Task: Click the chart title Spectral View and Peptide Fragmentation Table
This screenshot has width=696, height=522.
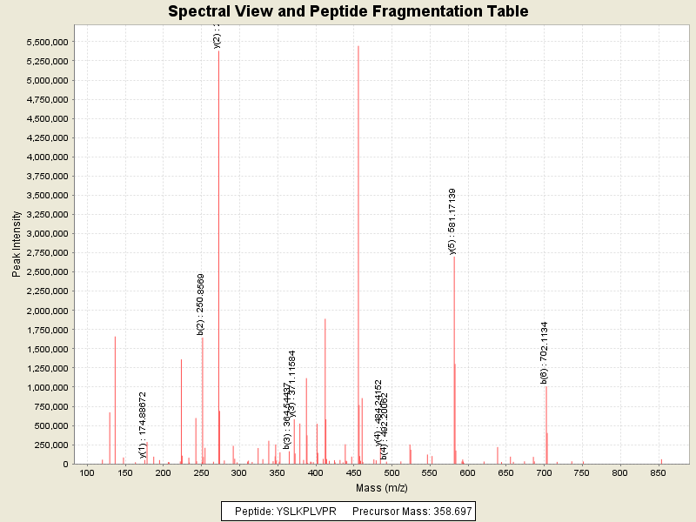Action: (348, 12)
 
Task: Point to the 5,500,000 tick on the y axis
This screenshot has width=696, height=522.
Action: (43, 42)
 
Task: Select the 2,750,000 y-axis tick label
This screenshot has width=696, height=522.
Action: (43, 253)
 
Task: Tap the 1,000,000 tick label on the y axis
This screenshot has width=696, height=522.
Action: (43, 387)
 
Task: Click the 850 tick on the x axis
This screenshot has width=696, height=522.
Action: (658, 472)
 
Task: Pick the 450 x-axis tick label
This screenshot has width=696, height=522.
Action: (353, 472)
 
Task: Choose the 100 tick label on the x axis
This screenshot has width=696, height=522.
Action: (87, 472)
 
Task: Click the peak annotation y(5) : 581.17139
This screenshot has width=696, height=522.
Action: (452, 221)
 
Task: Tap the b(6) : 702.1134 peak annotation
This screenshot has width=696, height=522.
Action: (544, 352)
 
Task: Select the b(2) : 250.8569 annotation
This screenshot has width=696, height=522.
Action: (201, 304)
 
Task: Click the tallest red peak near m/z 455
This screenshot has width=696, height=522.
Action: (358, 252)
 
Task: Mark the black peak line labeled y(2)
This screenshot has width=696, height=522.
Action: (218, 261)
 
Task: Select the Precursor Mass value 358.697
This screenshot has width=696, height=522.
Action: (445, 510)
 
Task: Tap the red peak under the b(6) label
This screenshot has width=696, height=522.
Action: (545, 426)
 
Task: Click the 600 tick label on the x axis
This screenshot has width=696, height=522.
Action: (467, 472)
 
